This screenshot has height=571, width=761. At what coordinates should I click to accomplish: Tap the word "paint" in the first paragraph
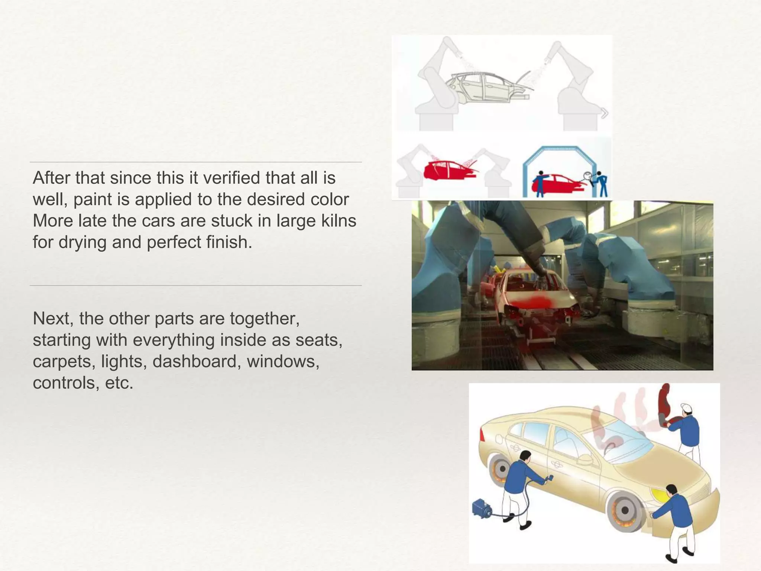pos(93,199)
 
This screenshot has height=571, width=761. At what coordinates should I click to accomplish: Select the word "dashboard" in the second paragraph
pos(194,361)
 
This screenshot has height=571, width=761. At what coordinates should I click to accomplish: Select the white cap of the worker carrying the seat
pos(686,407)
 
